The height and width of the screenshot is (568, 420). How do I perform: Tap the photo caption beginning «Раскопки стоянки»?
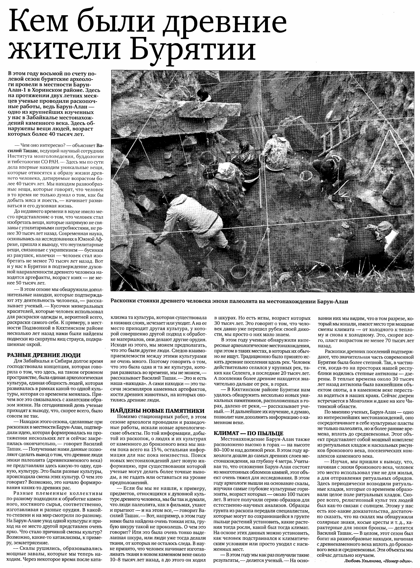click(x=229, y=301)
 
